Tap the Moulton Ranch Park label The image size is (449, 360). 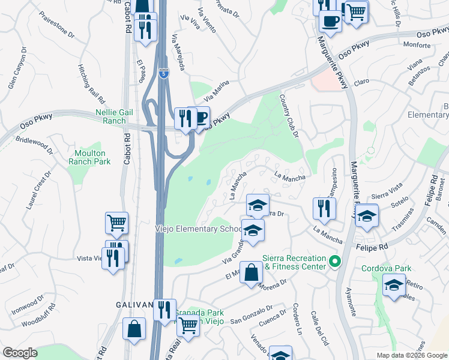(x=89, y=157)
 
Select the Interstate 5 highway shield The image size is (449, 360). (x=164, y=73)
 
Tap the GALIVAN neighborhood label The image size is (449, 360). (x=134, y=305)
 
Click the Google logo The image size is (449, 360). (x=20, y=353)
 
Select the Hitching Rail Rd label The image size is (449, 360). (x=91, y=83)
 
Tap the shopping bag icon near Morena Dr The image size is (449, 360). (x=252, y=274)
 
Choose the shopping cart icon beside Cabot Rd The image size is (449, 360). (x=117, y=223)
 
